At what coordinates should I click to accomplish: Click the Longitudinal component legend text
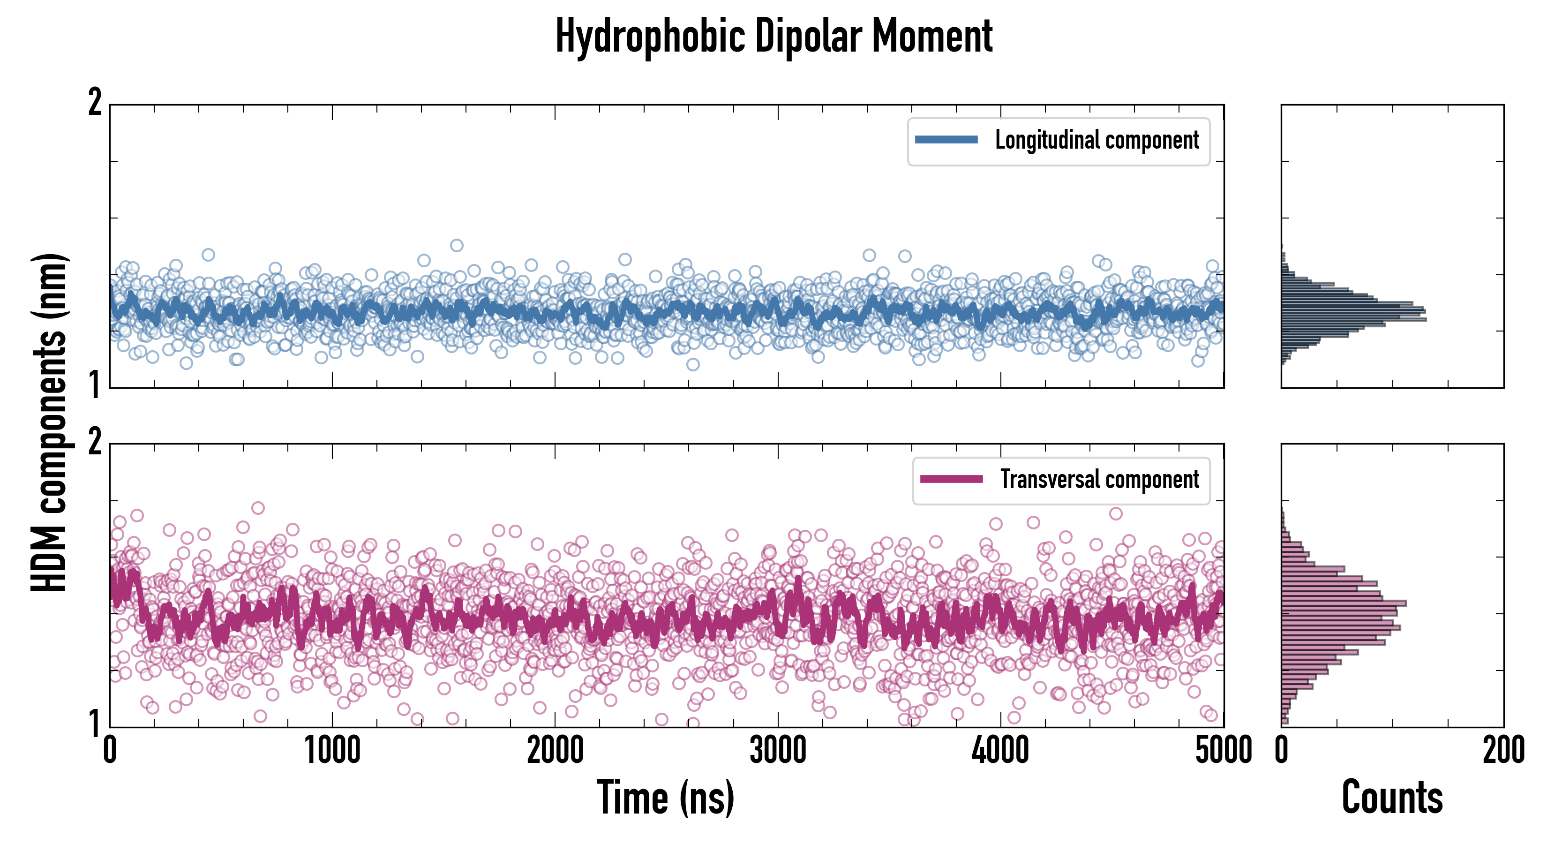[1096, 140]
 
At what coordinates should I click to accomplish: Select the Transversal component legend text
[1099, 479]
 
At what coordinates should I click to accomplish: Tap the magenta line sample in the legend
[951, 479]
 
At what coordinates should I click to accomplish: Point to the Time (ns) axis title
[665, 798]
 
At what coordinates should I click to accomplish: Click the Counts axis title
[1392, 798]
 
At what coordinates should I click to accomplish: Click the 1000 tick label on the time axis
[332, 751]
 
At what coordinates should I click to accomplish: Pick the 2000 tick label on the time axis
[555, 751]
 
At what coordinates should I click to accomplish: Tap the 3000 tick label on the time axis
[778, 751]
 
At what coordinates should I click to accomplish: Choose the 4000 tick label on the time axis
[1000, 751]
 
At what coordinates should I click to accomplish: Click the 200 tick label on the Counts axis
[1503, 751]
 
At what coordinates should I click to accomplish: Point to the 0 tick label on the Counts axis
[1282, 751]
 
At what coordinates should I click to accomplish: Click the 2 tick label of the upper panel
[95, 103]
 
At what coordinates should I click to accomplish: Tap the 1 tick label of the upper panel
[95, 385]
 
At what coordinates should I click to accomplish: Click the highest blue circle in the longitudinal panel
[457, 245]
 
